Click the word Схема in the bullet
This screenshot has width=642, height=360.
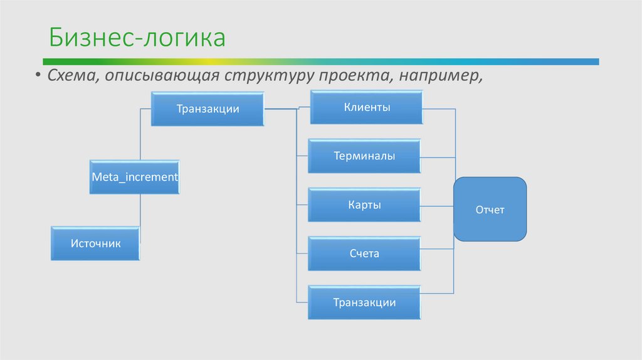point(65,77)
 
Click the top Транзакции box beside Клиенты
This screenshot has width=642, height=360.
point(208,109)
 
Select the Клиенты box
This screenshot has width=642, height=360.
point(367,107)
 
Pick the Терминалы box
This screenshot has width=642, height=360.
point(364,156)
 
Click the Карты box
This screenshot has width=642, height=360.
point(364,205)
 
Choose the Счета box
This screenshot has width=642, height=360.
point(364,254)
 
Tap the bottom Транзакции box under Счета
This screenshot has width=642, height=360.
point(364,303)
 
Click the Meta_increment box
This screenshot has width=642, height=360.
point(135,177)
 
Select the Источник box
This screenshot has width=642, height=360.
point(95,243)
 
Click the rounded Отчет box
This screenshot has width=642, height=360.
point(490,209)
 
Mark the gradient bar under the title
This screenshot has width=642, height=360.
point(320,61)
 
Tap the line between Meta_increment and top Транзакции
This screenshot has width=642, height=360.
point(140,135)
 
